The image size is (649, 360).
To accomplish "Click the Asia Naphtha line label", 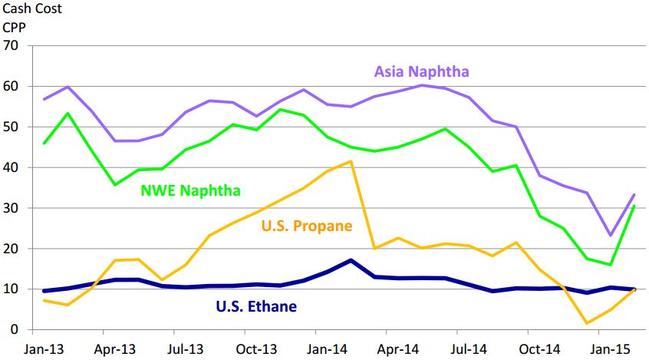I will coord(421,72).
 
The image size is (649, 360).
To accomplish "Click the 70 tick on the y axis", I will coord(11,45).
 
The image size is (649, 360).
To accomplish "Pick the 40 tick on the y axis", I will coord(11,167).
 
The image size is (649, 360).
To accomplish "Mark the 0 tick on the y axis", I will coord(15,330).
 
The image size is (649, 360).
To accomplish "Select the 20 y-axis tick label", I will coord(11,249).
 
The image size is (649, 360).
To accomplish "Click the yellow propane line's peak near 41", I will coord(351,161).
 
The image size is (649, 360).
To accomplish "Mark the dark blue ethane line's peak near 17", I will coord(351,260).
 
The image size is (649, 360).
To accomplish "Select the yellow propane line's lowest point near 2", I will coord(588,323).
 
